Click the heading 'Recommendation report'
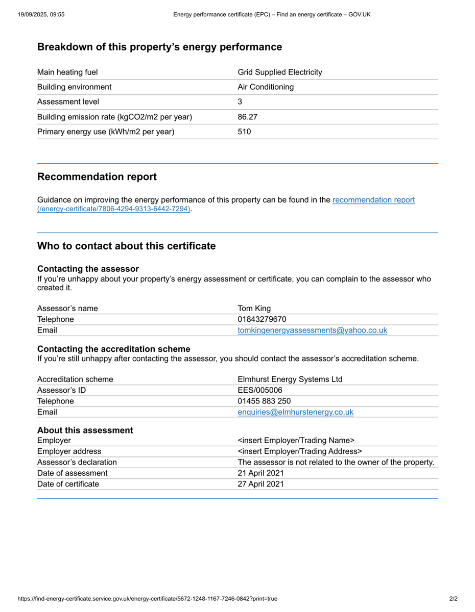click(97, 177)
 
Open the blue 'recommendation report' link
click(373, 200)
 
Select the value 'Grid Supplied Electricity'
click(280, 72)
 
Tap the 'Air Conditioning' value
click(266, 87)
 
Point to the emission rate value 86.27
click(248, 117)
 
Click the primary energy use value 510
click(245, 132)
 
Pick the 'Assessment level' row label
click(68, 102)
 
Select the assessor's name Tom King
click(254, 308)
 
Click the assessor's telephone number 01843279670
click(262, 319)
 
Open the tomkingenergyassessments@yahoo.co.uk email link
click(313, 330)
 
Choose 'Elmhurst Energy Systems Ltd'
click(290, 379)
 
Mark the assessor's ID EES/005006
click(260, 391)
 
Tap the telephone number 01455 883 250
click(264, 401)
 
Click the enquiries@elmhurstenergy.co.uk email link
click(295, 412)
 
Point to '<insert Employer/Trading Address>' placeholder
click(300, 451)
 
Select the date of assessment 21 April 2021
click(260, 473)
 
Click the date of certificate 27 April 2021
click(260, 484)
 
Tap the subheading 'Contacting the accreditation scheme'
click(114, 349)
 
